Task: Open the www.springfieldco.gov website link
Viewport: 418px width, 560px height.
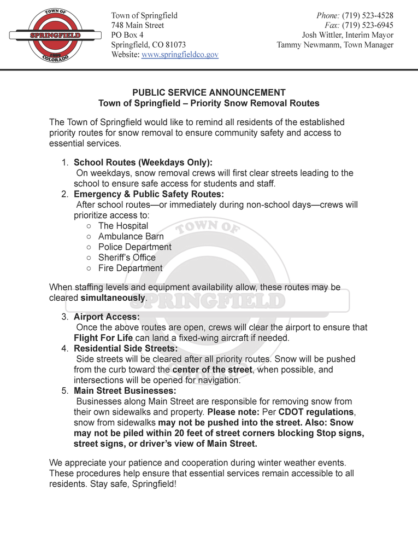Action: point(180,55)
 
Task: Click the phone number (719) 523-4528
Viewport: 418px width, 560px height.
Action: point(367,15)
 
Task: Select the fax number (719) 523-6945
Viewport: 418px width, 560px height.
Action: point(367,25)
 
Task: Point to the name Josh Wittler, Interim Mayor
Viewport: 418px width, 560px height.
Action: point(348,35)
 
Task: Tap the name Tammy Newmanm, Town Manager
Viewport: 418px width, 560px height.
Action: point(335,45)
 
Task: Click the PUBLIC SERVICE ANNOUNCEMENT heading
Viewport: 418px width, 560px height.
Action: point(209,92)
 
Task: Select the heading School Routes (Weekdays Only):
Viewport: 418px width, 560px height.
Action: point(143,162)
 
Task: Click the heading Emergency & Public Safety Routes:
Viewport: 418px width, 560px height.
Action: point(149,194)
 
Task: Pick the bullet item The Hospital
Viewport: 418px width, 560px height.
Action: point(123,226)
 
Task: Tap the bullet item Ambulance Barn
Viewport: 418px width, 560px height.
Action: point(131,236)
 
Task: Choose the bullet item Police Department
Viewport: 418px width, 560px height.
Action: point(134,247)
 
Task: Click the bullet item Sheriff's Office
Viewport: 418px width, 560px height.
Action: point(127,258)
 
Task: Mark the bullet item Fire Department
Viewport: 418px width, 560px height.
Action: point(130,268)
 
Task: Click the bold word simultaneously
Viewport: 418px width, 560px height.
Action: point(113,298)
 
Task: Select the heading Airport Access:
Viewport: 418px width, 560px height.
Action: point(107,317)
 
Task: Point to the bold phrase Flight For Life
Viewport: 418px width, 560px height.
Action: point(103,338)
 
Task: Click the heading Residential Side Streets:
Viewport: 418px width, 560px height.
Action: point(126,348)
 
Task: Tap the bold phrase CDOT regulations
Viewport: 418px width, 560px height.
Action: point(316,412)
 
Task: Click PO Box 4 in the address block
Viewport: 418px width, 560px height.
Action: point(127,35)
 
